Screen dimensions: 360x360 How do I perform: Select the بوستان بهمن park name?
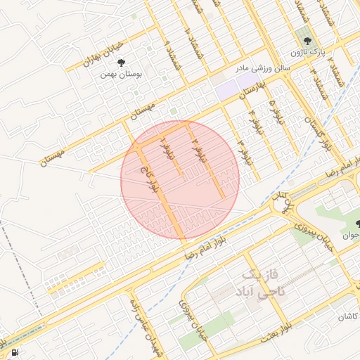tap(117, 73)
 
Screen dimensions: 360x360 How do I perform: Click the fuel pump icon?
tap(15, 352)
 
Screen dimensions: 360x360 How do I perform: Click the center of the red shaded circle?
tap(180, 180)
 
